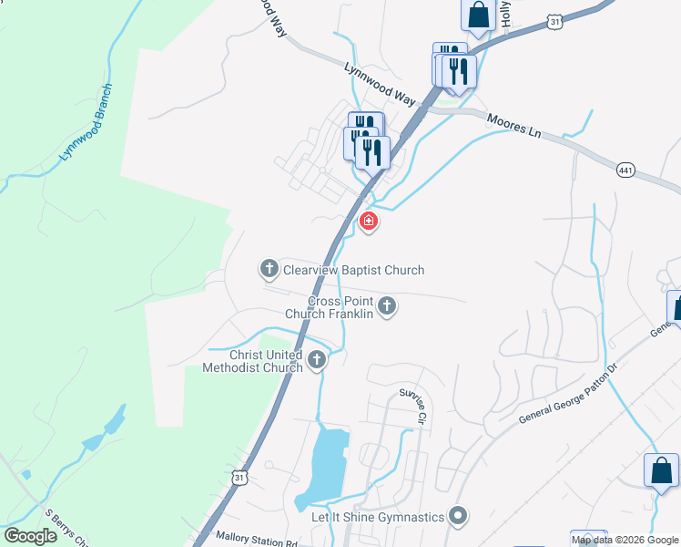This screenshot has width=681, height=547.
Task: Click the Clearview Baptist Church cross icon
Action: pyautogui.click(x=269, y=269)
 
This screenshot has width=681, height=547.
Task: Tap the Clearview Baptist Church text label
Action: pyautogui.click(x=353, y=270)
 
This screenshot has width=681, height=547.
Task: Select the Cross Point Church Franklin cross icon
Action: pyautogui.click(x=387, y=305)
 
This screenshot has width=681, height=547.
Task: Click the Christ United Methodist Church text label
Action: pyautogui.click(x=253, y=361)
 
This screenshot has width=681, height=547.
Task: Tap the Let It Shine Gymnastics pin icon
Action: pyautogui.click(x=459, y=517)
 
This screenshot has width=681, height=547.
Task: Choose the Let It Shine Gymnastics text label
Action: pyautogui.click(x=379, y=518)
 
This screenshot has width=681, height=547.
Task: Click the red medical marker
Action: pyautogui.click(x=369, y=222)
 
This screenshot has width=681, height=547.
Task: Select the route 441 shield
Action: pyautogui.click(x=625, y=170)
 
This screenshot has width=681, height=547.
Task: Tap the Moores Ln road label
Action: pyautogui.click(x=515, y=125)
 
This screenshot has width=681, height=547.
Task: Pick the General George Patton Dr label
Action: pyautogui.click(x=567, y=395)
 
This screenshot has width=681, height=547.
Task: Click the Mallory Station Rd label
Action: pyautogui.click(x=258, y=540)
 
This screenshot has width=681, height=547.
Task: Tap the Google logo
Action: pyautogui.click(x=30, y=536)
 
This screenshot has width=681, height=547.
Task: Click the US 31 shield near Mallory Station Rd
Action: pyautogui.click(x=239, y=477)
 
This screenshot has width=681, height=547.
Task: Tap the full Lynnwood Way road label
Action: pyautogui.click(x=380, y=85)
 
